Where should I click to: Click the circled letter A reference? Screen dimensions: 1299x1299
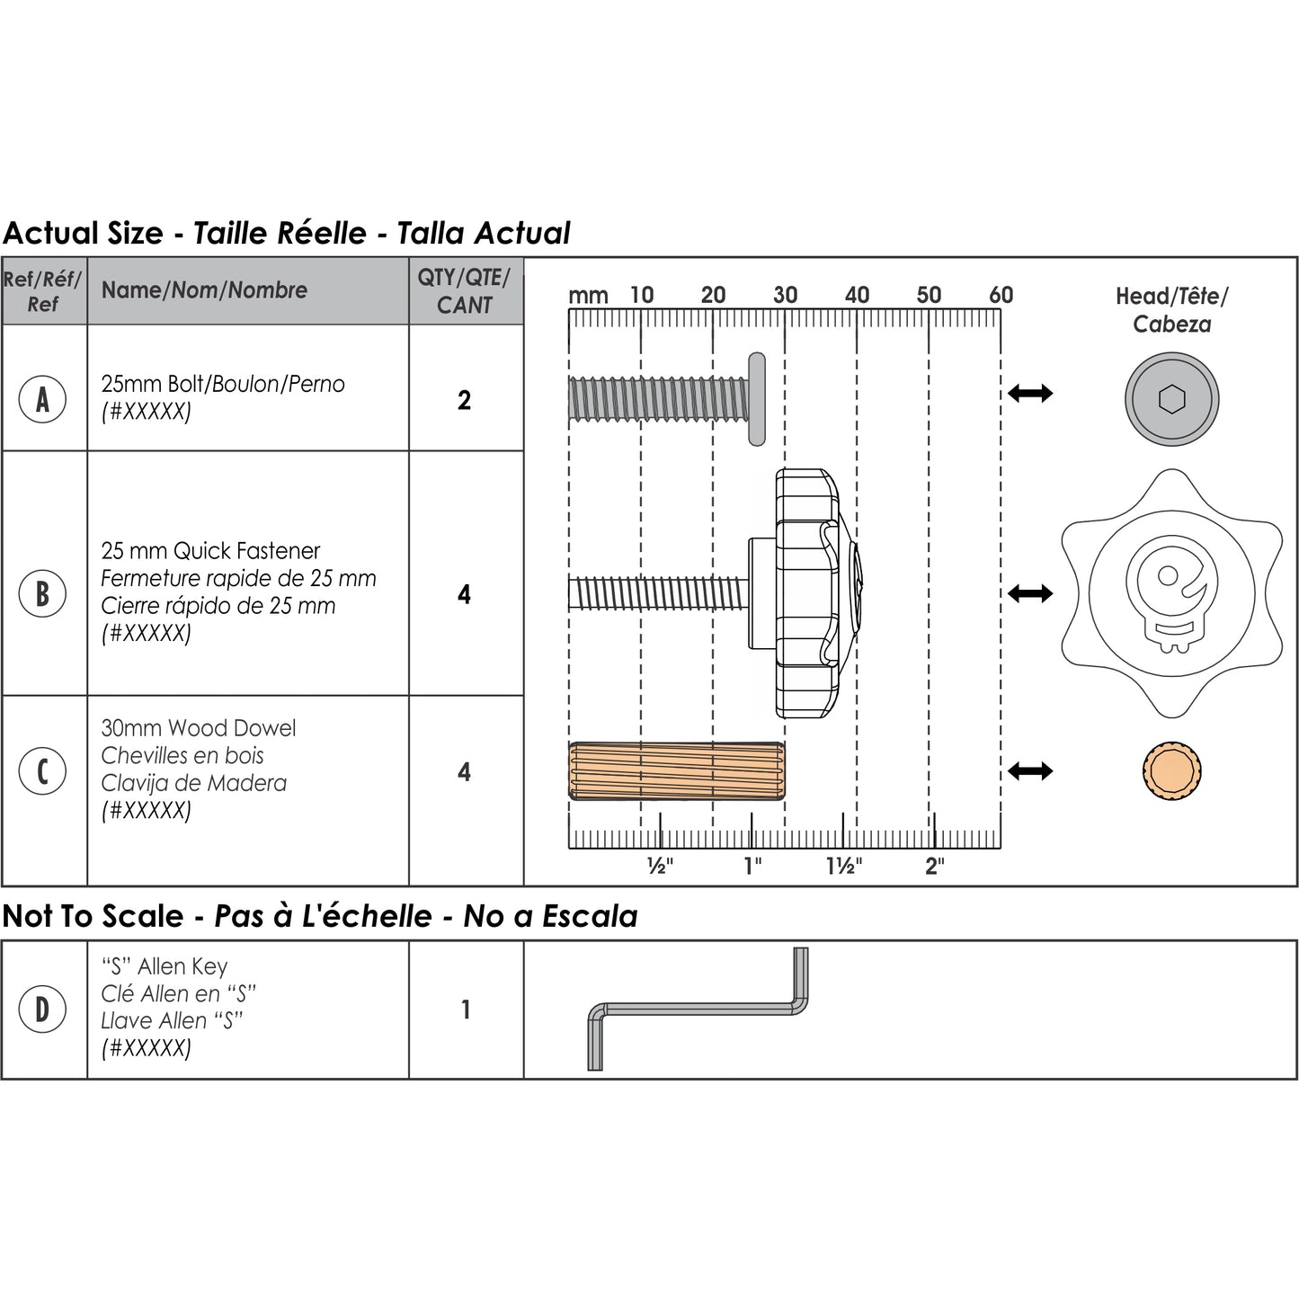point(42,399)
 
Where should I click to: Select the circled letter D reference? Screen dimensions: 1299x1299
point(42,1010)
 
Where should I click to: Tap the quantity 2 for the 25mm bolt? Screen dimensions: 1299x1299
point(465,400)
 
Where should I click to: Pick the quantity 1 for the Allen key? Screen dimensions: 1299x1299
point(465,1010)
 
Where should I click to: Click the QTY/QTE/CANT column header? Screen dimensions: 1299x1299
point(465,291)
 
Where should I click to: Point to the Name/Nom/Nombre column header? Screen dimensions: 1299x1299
point(204,289)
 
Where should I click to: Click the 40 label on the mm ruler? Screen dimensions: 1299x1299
point(857,295)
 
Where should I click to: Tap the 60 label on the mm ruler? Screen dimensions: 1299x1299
point(1001,295)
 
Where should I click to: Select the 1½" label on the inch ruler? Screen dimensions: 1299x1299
point(844,866)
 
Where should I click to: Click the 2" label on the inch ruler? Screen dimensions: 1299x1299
point(935,866)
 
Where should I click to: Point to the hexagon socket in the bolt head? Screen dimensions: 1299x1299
point(1172,399)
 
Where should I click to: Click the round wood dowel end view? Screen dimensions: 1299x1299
point(1172,770)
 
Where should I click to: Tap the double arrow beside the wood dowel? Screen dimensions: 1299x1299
point(1030,770)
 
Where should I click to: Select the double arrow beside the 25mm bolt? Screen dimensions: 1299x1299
point(1030,392)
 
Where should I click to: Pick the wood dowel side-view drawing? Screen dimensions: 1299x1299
point(677,770)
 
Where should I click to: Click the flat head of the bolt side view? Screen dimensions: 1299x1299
point(757,399)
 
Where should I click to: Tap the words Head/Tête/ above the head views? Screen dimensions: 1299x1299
point(1172,296)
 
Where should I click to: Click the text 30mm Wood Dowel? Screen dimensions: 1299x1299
point(198,728)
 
